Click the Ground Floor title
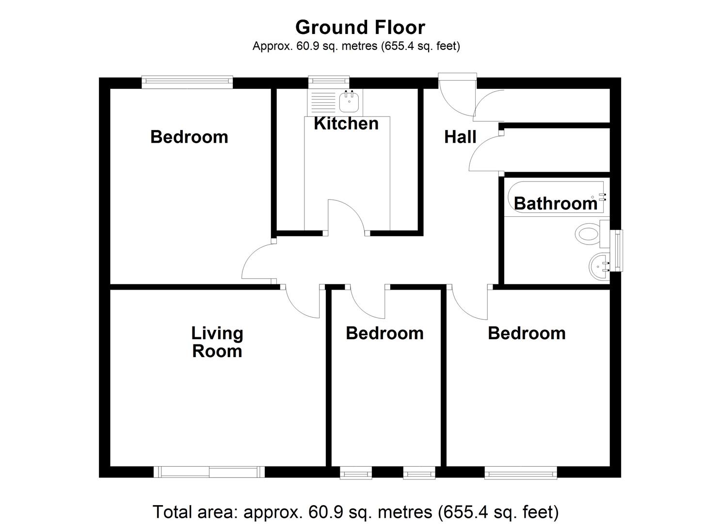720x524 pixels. pos(360,28)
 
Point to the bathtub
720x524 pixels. pos(556,198)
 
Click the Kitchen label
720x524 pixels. pos(346,124)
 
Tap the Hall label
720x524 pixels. pos(460,137)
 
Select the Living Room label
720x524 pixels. pos(217,342)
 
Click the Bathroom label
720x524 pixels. pos(556,204)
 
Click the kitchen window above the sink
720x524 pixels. pos(329,81)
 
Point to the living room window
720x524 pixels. pos(209,472)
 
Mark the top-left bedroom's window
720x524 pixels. pos(187,82)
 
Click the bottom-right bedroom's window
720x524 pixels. pos(520,472)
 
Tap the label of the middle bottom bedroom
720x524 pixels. pos(384,333)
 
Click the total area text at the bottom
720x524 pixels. pos(355,512)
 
